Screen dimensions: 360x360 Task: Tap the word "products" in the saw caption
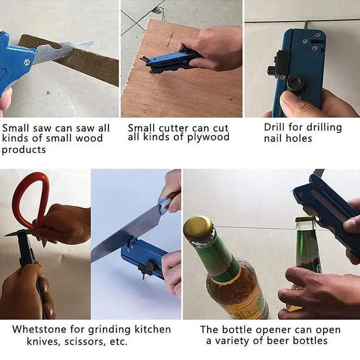[x=24, y=150]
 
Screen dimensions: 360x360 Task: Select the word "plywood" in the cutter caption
[x=208, y=137]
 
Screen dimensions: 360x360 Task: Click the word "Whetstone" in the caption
[x=40, y=329]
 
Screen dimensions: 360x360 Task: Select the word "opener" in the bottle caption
[x=273, y=330]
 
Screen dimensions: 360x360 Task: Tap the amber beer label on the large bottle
[x=239, y=292]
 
